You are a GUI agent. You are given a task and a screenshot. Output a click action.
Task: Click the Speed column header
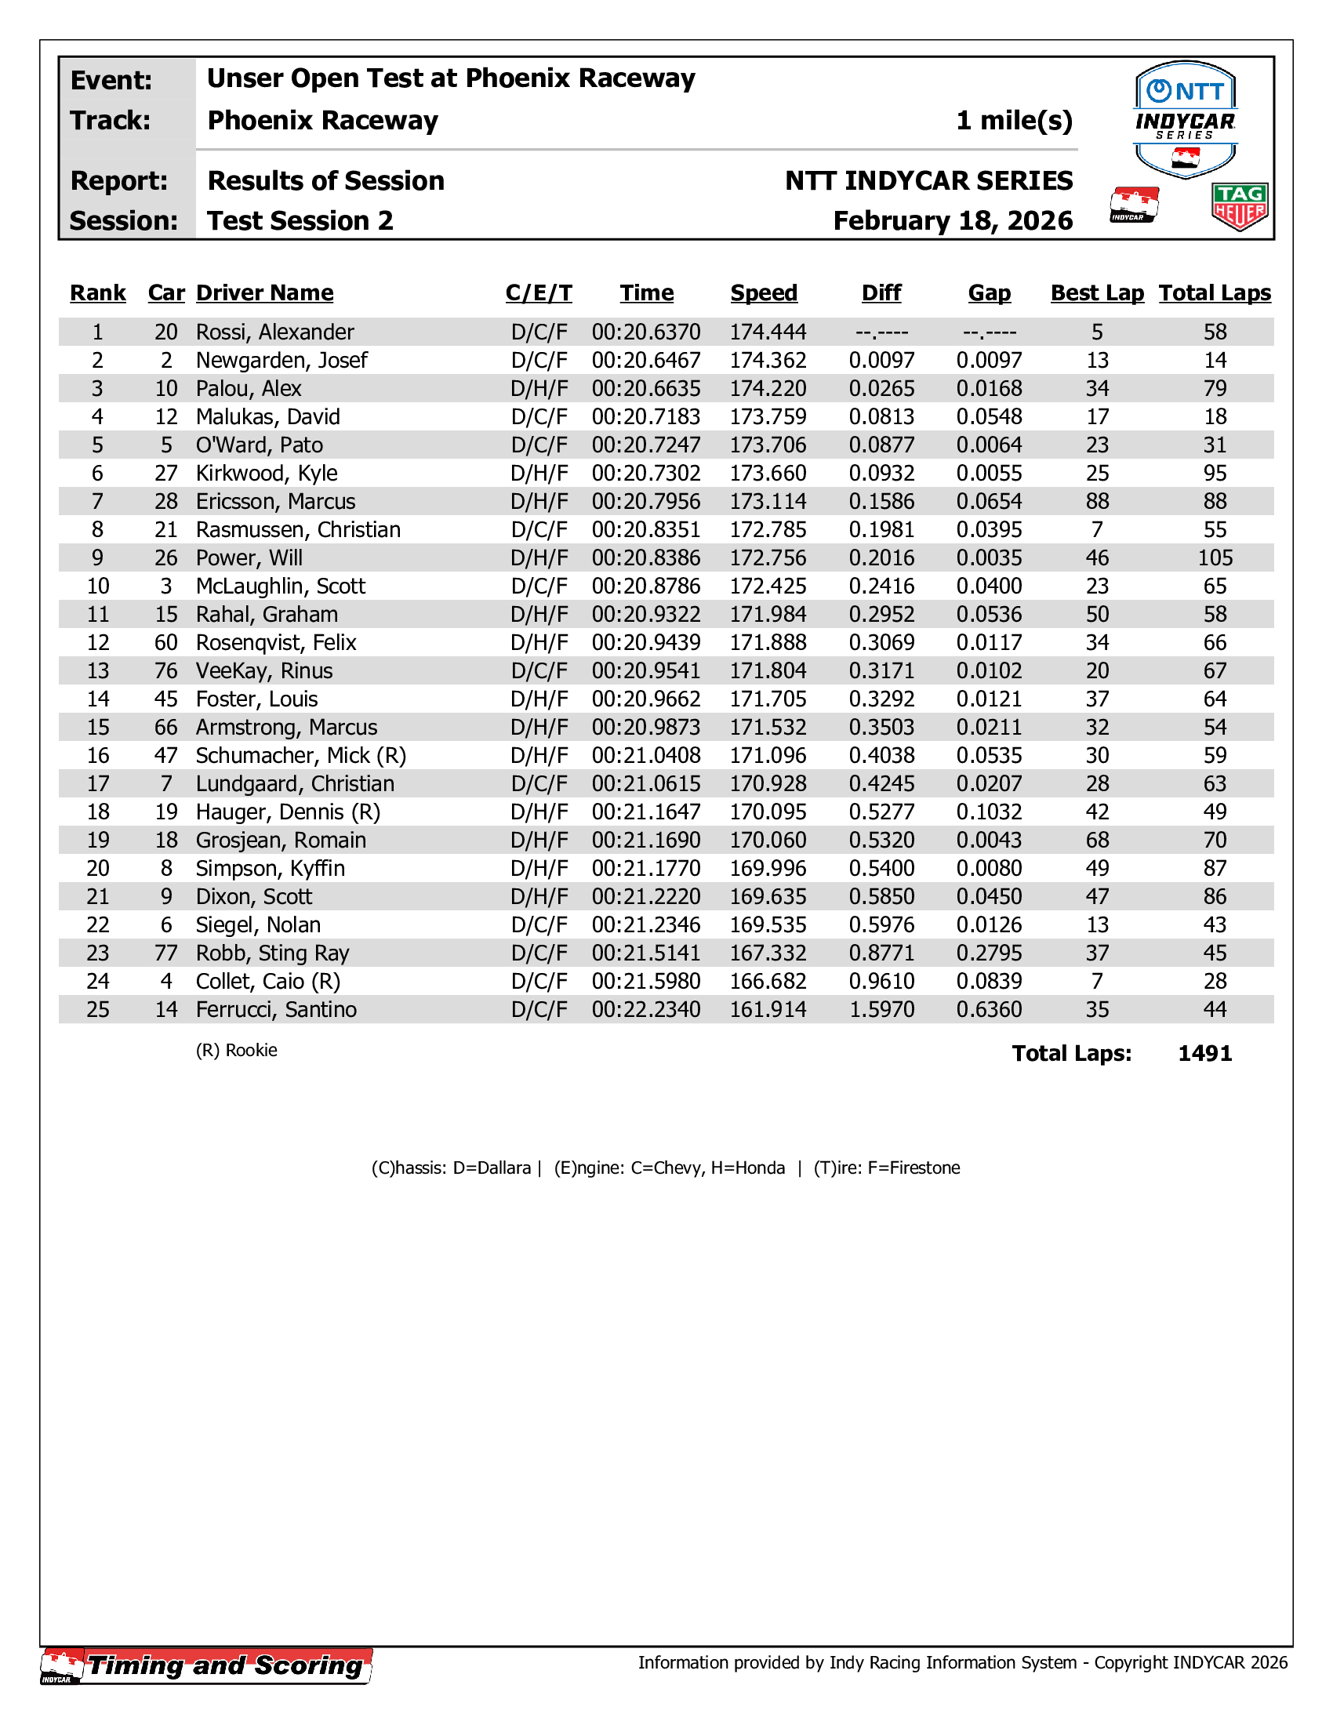763,293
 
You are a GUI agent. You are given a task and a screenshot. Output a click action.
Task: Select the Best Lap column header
1096,293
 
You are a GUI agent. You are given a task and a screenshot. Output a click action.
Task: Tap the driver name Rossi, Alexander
274,332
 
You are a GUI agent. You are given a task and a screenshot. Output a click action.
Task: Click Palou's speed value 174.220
768,389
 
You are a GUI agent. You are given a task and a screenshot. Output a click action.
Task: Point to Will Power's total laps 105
1215,557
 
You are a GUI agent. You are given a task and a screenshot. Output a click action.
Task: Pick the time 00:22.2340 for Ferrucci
646,1009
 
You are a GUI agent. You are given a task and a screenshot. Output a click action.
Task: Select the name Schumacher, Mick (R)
300,756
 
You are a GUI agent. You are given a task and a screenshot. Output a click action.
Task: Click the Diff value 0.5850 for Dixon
881,896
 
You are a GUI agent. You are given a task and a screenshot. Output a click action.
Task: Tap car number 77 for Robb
165,953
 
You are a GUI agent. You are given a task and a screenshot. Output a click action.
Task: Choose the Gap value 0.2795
989,953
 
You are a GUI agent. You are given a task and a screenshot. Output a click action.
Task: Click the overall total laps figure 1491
1204,1054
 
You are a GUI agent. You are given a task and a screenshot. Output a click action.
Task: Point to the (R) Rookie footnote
236,1051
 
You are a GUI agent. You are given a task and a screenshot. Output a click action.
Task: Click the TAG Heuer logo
1239,206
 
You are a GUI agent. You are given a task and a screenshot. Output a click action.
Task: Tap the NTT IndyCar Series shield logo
1185,118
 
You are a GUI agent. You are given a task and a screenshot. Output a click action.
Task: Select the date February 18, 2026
953,220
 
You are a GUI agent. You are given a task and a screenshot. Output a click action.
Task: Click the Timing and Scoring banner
207,1665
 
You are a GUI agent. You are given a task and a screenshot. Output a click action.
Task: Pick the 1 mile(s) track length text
1014,120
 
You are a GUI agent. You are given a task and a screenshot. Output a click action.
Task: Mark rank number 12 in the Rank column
98,643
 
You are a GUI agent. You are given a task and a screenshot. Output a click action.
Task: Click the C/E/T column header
539,293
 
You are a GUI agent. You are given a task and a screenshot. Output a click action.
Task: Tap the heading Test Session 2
300,220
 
